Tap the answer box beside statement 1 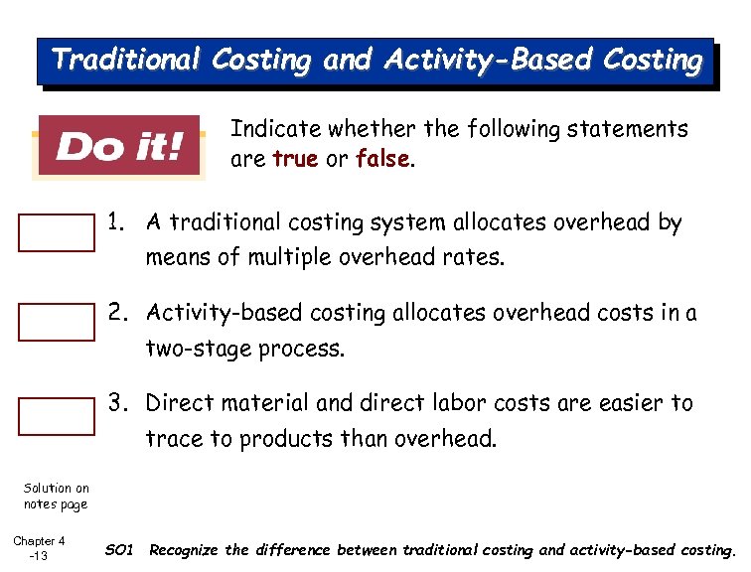tap(57, 233)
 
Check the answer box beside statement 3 tap(57, 415)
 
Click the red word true tap(295, 159)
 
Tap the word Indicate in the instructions tap(275, 129)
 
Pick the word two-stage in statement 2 tap(194, 349)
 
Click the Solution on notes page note tap(56, 496)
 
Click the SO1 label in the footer tap(118, 549)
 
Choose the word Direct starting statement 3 tap(178, 403)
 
